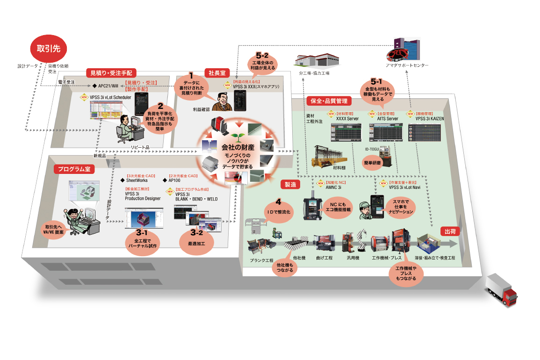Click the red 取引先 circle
tap(49, 48)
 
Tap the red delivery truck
tap(501, 290)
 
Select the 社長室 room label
tap(216, 72)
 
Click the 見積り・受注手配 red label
tap(111, 73)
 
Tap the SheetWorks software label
tap(137, 180)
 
